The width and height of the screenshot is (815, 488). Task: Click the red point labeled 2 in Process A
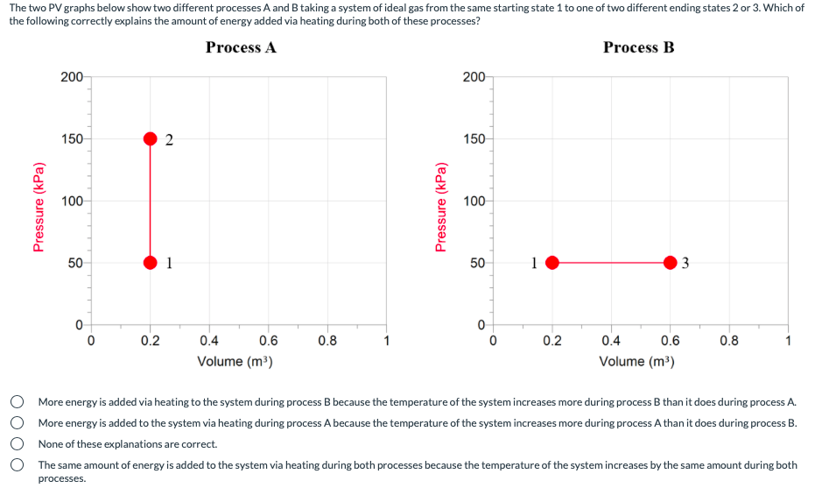click(x=151, y=138)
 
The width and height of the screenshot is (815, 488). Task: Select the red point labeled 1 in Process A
click(x=151, y=263)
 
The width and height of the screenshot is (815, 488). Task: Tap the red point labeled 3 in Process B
click(x=671, y=263)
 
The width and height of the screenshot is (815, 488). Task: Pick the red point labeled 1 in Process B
click(x=552, y=263)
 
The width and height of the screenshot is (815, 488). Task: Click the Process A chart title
click(x=242, y=47)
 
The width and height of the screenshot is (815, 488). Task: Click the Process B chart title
click(x=639, y=47)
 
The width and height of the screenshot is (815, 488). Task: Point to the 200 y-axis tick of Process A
click(x=72, y=77)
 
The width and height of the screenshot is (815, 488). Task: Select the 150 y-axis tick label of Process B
click(x=474, y=139)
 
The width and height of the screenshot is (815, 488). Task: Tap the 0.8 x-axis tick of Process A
click(x=327, y=341)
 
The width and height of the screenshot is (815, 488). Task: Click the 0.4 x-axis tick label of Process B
click(x=611, y=341)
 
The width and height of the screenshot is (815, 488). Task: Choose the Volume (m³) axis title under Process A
click(x=235, y=361)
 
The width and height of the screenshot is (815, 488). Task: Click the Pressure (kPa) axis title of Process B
click(x=441, y=208)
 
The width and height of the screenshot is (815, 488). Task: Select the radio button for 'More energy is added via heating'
click(x=18, y=401)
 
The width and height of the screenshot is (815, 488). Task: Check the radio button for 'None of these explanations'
click(x=18, y=444)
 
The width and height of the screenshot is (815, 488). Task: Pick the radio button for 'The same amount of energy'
click(x=18, y=464)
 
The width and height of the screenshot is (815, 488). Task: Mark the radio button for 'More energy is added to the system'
click(x=18, y=422)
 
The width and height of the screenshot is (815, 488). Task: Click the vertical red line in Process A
click(x=151, y=201)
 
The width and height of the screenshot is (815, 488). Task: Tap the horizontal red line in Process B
click(x=611, y=263)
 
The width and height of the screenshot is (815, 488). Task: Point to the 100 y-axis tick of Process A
click(x=72, y=201)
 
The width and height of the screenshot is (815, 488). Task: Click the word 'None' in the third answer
click(x=50, y=444)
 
